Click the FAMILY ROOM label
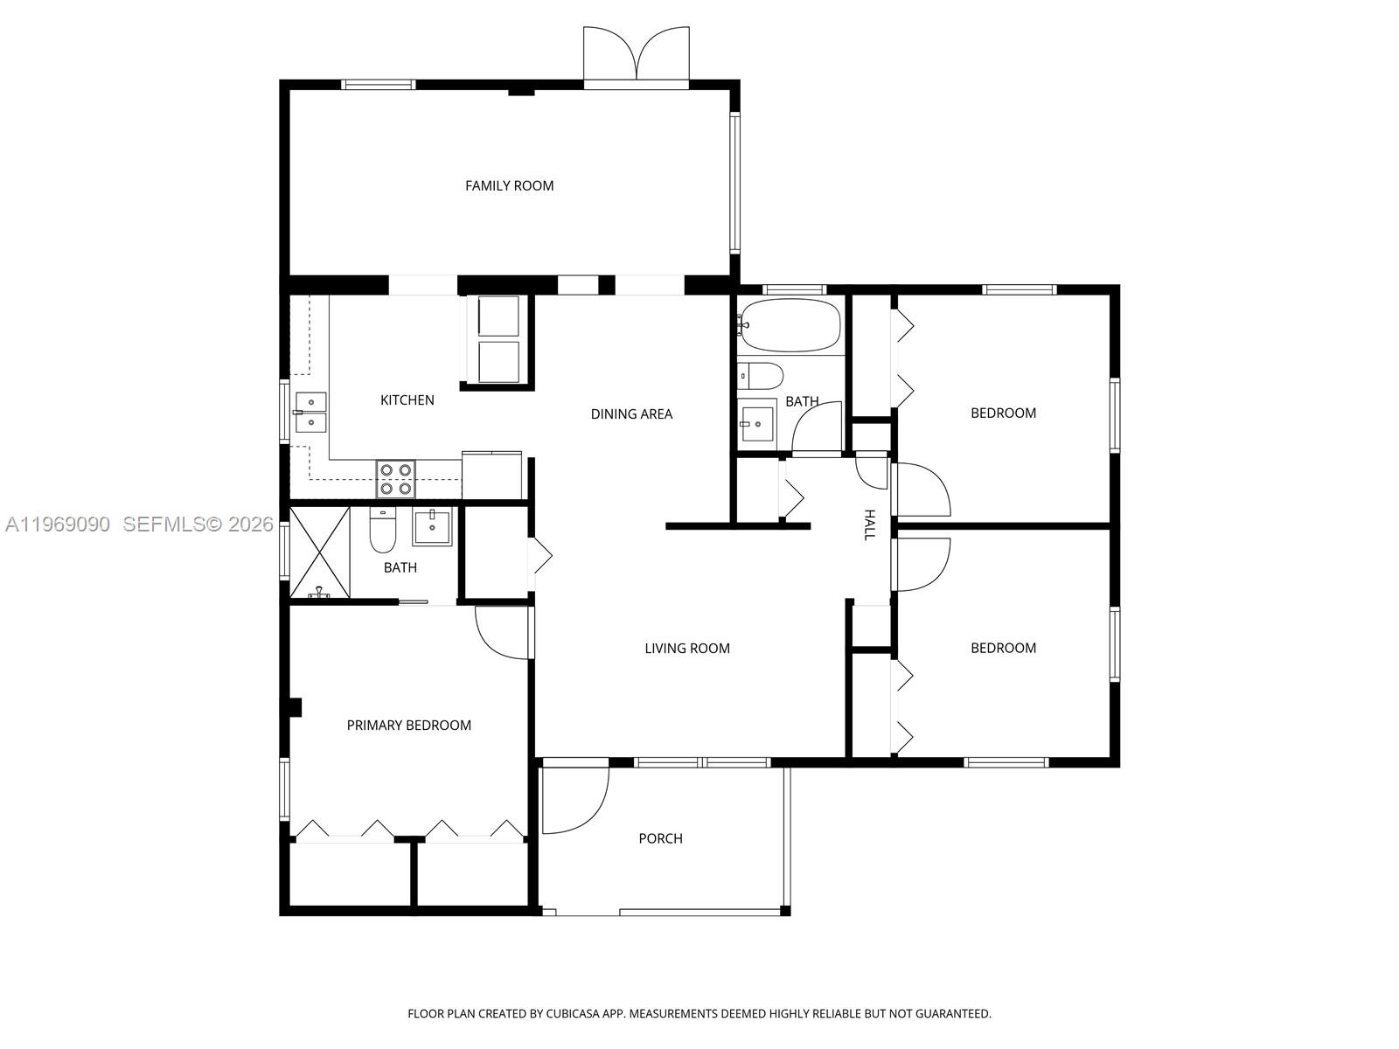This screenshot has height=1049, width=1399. pyautogui.click(x=509, y=185)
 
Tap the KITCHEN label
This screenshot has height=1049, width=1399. pyautogui.click(x=407, y=400)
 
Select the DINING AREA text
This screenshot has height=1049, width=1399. pyautogui.click(x=631, y=414)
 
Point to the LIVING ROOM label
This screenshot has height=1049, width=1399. pyautogui.click(x=686, y=649)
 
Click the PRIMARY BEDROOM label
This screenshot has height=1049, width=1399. pyautogui.click(x=408, y=726)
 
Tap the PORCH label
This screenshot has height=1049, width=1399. pyautogui.click(x=660, y=839)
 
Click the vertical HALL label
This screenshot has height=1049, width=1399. pyautogui.click(x=869, y=524)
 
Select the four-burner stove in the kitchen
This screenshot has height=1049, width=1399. pyautogui.click(x=395, y=479)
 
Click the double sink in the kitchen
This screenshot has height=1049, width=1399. pyautogui.click(x=310, y=413)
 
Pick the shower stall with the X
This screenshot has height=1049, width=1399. pyautogui.click(x=319, y=552)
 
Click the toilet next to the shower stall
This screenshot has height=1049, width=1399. pyautogui.click(x=382, y=531)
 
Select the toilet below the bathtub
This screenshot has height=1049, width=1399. pyautogui.click(x=759, y=377)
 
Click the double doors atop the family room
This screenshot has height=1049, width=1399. pyautogui.click(x=637, y=54)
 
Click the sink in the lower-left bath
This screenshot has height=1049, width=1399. pyautogui.click(x=432, y=527)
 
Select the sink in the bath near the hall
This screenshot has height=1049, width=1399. pyautogui.click(x=756, y=424)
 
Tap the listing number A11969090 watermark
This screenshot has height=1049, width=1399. pyautogui.click(x=57, y=524)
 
